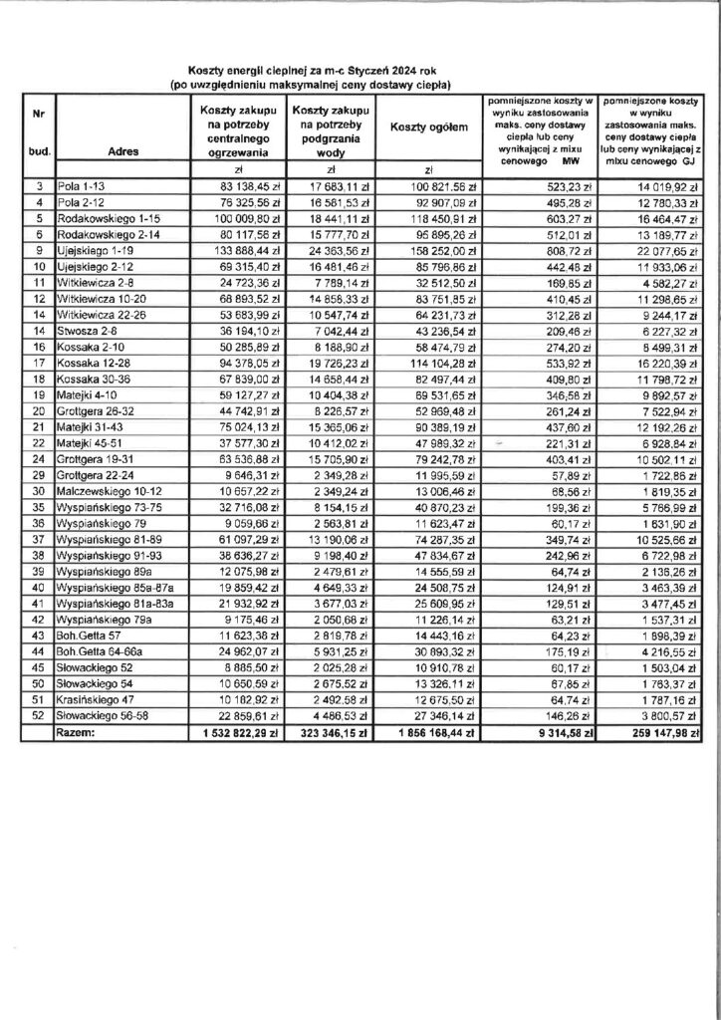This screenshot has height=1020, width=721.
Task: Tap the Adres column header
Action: point(120,152)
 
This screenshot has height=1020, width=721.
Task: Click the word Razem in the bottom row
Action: point(83,732)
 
